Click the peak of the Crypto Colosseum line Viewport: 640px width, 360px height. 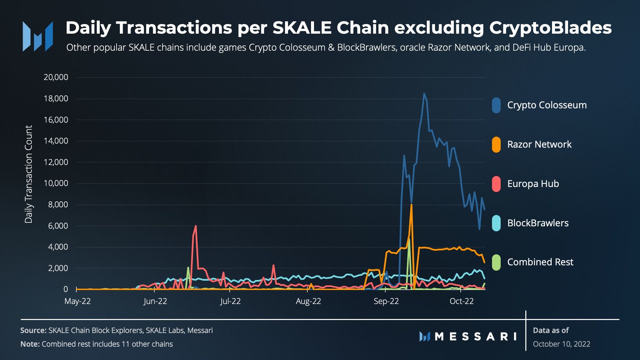click(424, 94)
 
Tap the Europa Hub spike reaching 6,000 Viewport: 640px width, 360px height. click(195, 226)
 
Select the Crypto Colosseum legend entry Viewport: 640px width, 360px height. click(547, 105)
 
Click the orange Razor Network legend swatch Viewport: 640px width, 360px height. click(496, 145)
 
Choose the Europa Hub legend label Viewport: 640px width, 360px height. click(533, 184)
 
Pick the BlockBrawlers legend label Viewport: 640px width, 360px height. click(538, 223)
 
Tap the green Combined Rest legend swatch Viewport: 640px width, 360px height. click(496, 262)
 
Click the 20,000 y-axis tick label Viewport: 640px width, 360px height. click(56, 77)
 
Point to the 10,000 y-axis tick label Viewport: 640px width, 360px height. click(56, 183)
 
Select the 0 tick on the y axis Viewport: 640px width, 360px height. click(66, 289)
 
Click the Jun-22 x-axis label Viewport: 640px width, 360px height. click(155, 301)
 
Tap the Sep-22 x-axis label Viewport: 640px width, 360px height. click(386, 301)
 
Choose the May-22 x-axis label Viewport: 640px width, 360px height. click(77, 301)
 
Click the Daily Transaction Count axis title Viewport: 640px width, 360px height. click(29, 174)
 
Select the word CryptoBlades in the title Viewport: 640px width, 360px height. click(550, 28)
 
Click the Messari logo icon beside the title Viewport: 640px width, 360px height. click(38, 36)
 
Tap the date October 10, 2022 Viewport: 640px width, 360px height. click(561, 344)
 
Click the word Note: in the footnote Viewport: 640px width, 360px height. click(30, 344)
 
